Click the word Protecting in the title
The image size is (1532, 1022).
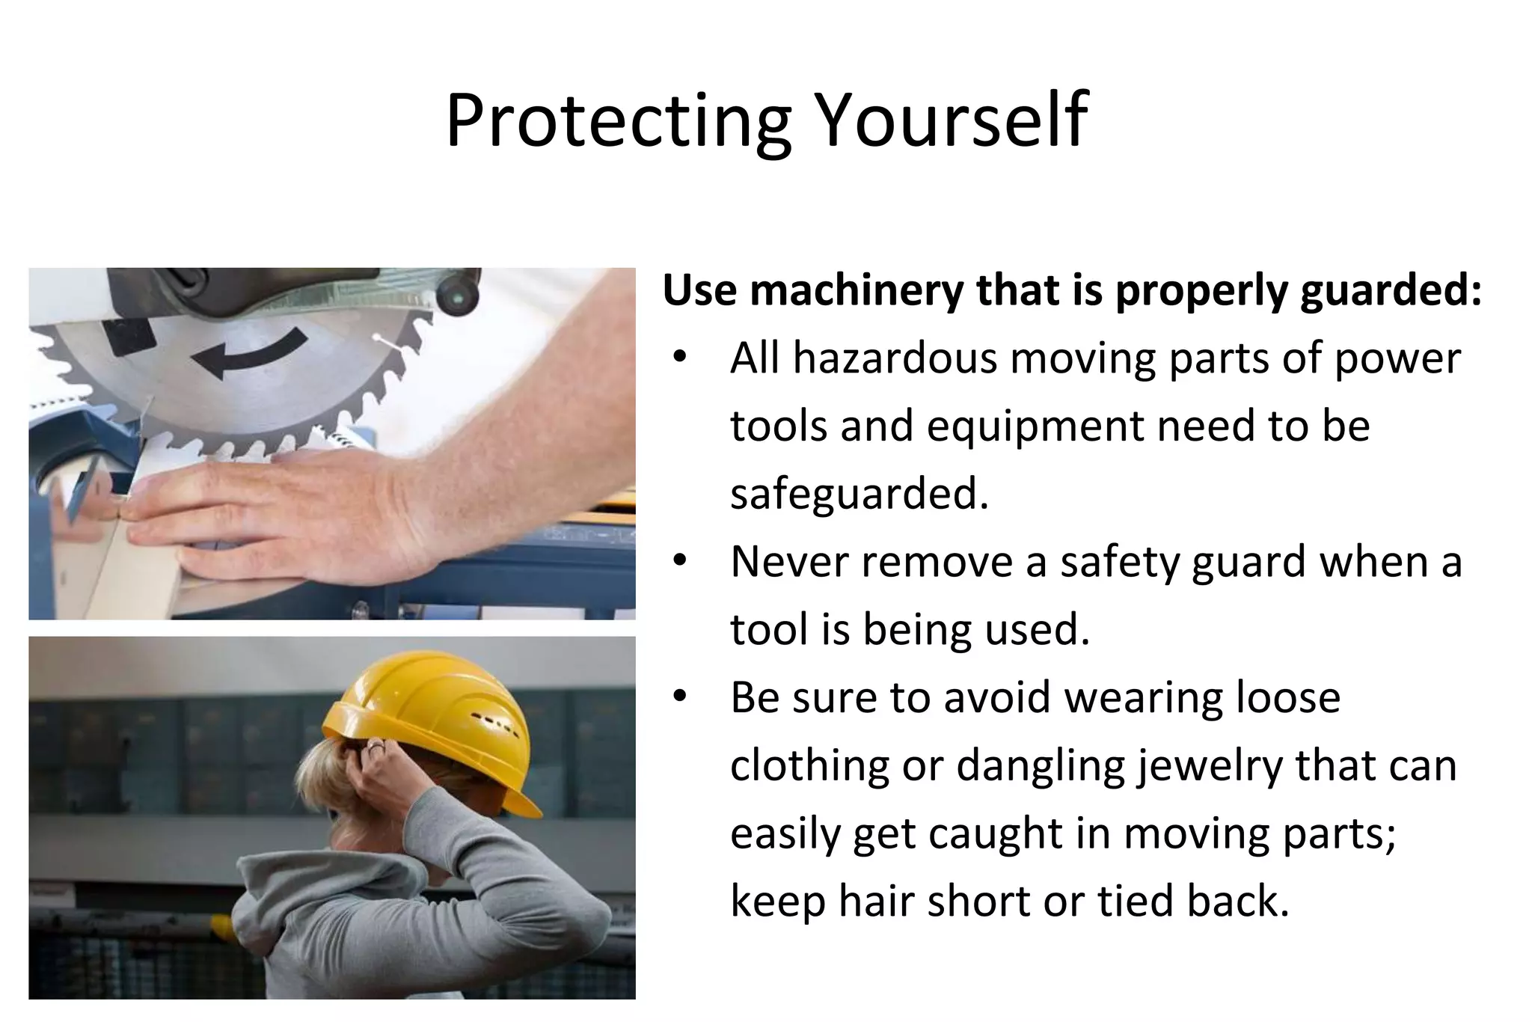click(618, 122)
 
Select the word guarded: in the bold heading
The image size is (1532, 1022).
click(1391, 292)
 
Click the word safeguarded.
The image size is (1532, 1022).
click(859, 494)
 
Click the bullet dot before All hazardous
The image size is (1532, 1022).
click(679, 358)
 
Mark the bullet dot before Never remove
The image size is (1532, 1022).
click(679, 561)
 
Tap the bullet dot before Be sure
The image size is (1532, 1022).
click(679, 697)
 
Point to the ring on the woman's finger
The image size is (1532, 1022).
click(376, 746)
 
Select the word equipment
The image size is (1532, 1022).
click(1035, 426)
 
